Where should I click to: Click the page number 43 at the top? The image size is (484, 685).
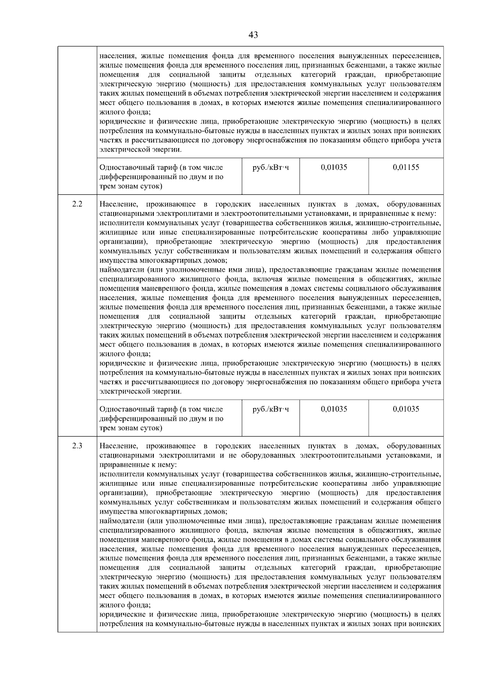[253, 35]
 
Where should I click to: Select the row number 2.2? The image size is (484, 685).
[77, 204]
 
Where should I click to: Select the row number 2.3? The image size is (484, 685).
[77, 446]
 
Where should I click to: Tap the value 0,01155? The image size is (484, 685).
[406, 167]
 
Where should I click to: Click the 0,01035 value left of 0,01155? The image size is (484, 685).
[334, 167]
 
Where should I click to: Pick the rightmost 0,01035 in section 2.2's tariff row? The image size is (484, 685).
[406, 409]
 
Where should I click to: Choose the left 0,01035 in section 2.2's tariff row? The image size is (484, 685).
[334, 409]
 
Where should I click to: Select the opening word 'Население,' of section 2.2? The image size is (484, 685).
[118, 204]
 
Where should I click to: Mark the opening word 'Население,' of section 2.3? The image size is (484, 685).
[118, 446]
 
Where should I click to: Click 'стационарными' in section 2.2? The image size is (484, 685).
[122, 213]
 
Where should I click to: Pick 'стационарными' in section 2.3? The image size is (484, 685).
[122, 455]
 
